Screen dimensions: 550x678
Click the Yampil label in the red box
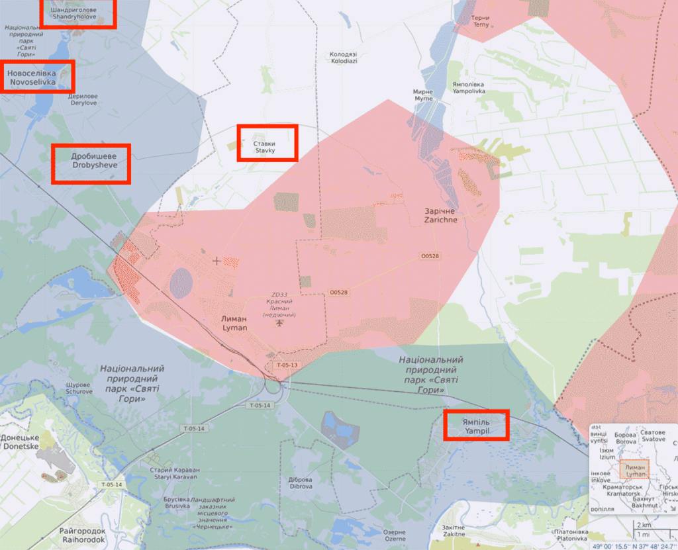pyautogui.click(x=476, y=425)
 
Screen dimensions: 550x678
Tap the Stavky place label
pyautogui.click(x=267, y=146)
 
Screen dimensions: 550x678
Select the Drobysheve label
pyautogui.click(x=91, y=160)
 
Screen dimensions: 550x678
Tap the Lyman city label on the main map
pyautogui.click(x=234, y=323)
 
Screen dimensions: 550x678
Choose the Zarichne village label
pyautogui.click(x=440, y=216)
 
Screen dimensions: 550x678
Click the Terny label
pyautogui.click(x=481, y=21)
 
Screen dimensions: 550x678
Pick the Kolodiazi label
pyautogui.click(x=344, y=57)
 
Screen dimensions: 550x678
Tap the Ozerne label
pyautogui.click(x=395, y=535)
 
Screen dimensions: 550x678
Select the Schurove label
pyautogui.click(x=79, y=388)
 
